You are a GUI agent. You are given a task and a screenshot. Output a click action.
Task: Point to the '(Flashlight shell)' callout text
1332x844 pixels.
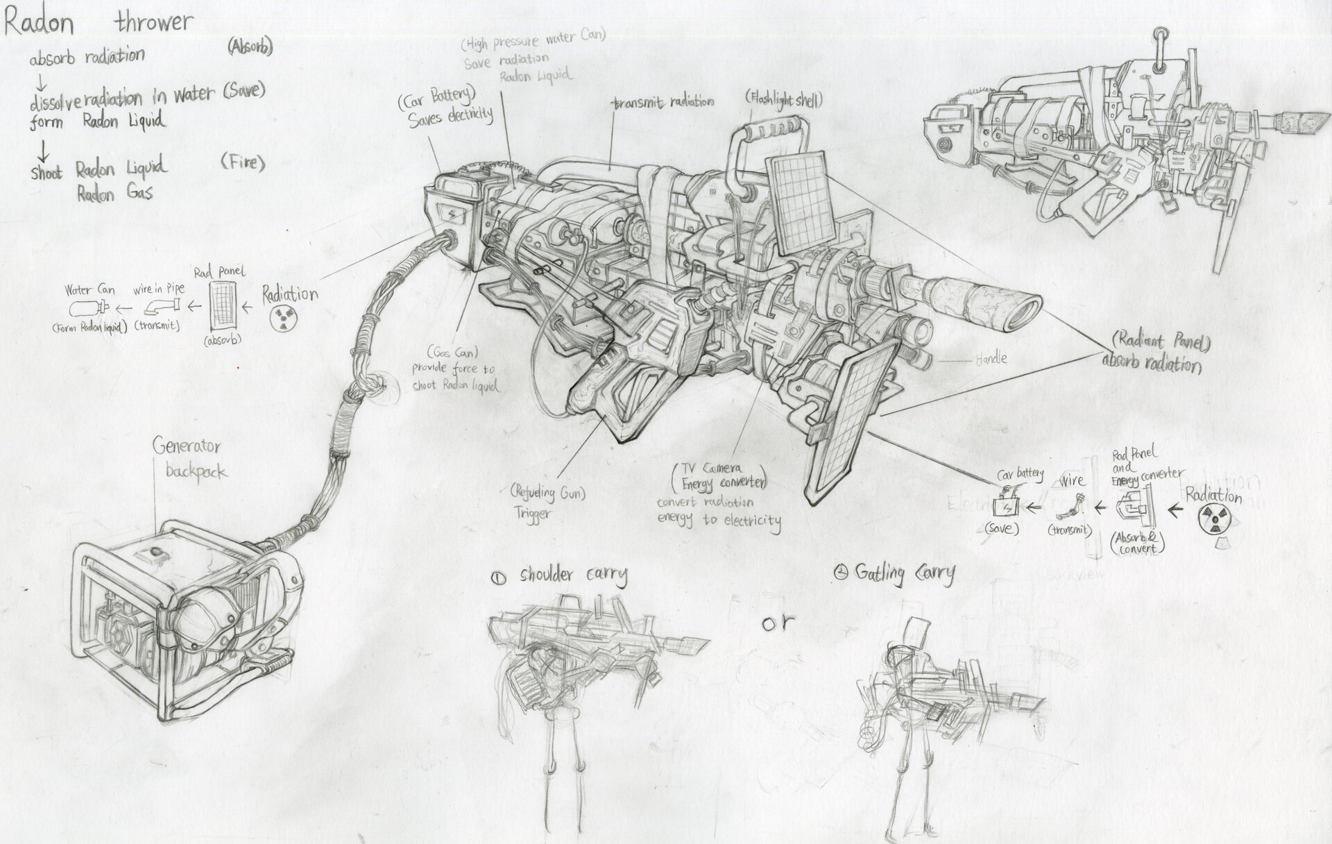784,99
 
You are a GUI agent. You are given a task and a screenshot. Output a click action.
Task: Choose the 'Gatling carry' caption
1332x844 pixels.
903,573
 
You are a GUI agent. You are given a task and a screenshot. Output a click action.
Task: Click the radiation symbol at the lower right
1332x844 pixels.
1215,518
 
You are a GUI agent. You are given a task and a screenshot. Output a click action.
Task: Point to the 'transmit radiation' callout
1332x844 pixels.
663,102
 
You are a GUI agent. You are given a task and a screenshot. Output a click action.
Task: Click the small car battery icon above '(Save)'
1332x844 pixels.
1002,506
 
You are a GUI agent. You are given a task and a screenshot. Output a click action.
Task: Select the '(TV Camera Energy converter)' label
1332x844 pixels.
719,475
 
